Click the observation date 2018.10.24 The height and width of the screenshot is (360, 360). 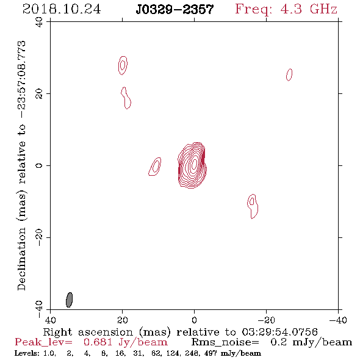[62, 9]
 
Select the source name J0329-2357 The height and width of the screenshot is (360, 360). [175, 9]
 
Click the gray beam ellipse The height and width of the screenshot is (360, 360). [69, 300]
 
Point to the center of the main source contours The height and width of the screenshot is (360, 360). [194, 164]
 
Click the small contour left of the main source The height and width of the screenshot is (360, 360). [155, 167]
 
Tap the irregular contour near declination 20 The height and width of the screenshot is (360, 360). [126, 98]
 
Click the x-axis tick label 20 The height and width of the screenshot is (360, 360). [122, 320]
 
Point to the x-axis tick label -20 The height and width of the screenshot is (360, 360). [266, 320]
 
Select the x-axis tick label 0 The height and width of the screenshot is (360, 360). [194, 320]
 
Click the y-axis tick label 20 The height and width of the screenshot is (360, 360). [39, 94]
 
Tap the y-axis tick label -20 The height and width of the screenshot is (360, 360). [39, 237]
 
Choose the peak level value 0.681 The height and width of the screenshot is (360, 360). [98, 342]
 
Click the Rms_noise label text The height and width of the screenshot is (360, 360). [225, 342]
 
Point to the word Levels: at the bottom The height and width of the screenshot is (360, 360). [27, 353]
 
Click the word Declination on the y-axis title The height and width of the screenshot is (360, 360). [21, 259]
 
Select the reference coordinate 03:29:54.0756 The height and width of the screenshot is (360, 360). [279, 332]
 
